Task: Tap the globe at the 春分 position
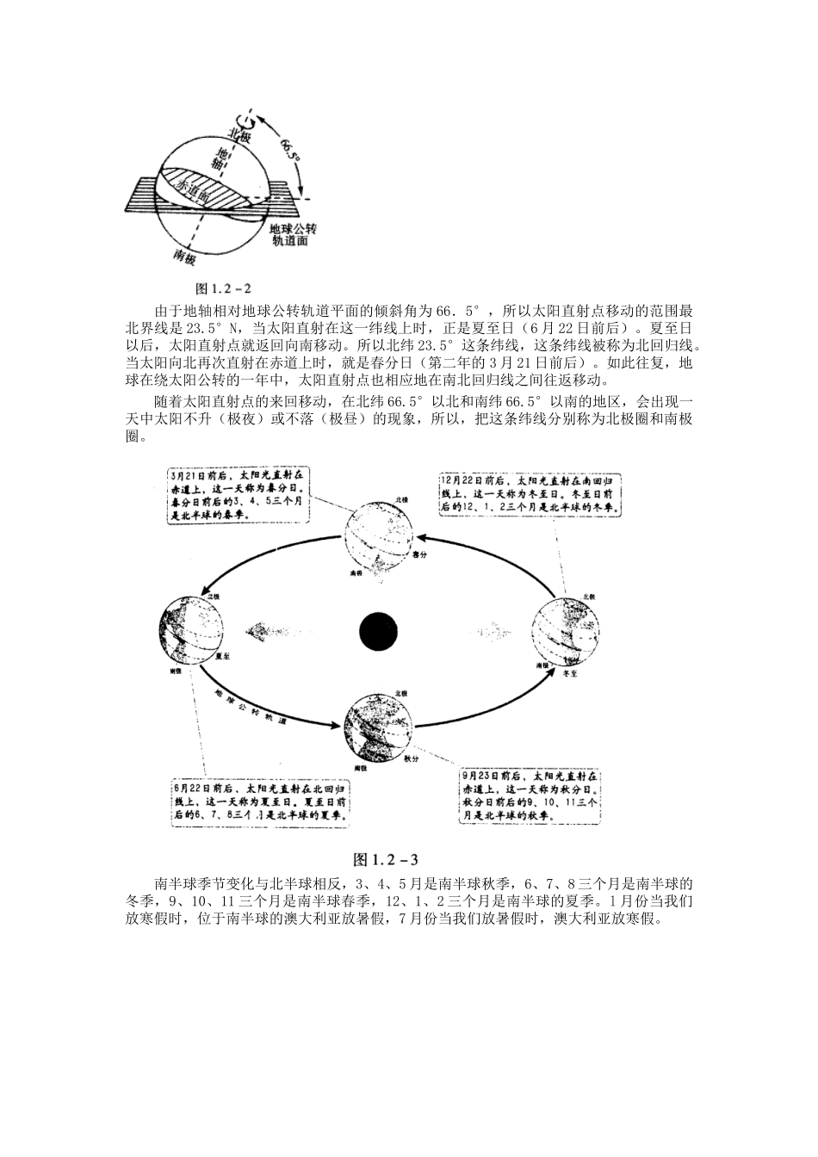(381, 538)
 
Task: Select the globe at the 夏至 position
(192, 628)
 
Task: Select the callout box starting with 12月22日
(531, 495)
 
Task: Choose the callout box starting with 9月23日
(531, 788)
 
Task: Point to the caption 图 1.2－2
(223, 288)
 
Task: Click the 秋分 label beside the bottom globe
(410, 736)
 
